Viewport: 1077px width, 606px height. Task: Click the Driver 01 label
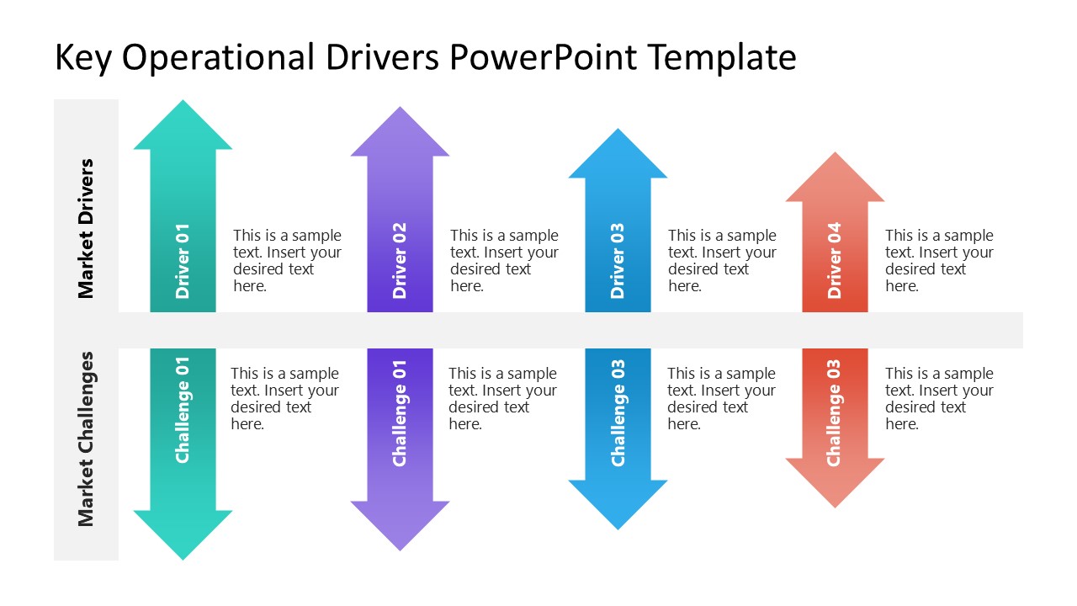(x=183, y=261)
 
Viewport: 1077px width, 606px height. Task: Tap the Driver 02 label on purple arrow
(x=400, y=261)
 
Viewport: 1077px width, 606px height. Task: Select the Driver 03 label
(x=618, y=261)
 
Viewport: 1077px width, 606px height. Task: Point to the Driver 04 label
(x=835, y=261)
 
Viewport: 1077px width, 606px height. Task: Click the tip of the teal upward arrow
(x=183, y=104)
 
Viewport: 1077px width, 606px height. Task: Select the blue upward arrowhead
(x=618, y=156)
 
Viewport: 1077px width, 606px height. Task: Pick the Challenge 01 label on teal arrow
(x=183, y=410)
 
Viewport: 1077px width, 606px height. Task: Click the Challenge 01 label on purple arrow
(x=400, y=412)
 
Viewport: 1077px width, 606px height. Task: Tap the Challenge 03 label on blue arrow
(x=618, y=412)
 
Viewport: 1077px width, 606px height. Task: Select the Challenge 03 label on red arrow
(x=835, y=412)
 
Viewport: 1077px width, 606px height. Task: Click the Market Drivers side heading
(x=86, y=228)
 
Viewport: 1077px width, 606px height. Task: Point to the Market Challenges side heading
(x=86, y=439)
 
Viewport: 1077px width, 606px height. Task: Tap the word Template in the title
(x=721, y=58)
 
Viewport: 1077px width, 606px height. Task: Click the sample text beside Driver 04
(x=938, y=261)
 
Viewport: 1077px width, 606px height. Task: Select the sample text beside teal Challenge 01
(x=284, y=399)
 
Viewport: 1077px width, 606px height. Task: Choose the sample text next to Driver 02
(x=503, y=261)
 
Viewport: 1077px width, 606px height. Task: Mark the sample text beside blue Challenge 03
(x=721, y=399)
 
